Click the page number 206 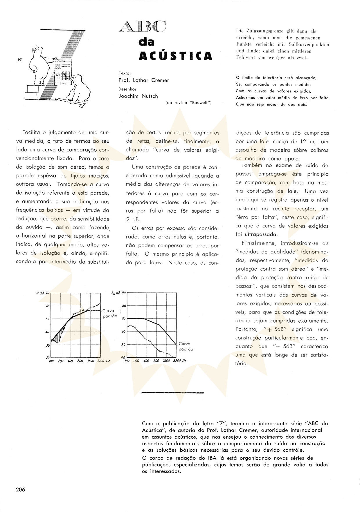[x=21, y=490]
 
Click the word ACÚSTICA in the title [x=175, y=55]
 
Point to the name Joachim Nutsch [x=138, y=96]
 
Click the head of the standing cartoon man [x=37, y=50]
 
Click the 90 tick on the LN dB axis [x=123, y=293]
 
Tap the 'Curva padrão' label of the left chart [x=110, y=313]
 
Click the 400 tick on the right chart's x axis [x=146, y=361]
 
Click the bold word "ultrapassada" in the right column [x=257, y=234]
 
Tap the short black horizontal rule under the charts [x=173, y=393]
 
